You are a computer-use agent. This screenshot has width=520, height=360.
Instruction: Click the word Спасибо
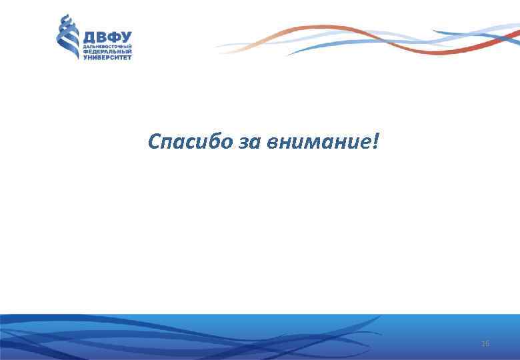tap(189, 142)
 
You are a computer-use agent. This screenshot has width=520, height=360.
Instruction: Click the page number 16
tap(485, 343)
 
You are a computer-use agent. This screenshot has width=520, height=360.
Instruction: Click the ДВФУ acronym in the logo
tap(107, 37)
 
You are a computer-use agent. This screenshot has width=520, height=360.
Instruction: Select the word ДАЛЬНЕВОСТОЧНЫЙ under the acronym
tap(107, 47)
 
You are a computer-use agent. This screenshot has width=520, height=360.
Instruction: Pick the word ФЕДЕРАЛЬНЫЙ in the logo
tap(107, 53)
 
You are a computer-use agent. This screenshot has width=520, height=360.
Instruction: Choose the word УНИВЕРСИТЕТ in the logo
tap(107, 58)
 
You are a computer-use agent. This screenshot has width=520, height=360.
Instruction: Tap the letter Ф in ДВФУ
tap(113, 37)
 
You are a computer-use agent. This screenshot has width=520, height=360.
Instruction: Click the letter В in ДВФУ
tap(101, 37)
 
